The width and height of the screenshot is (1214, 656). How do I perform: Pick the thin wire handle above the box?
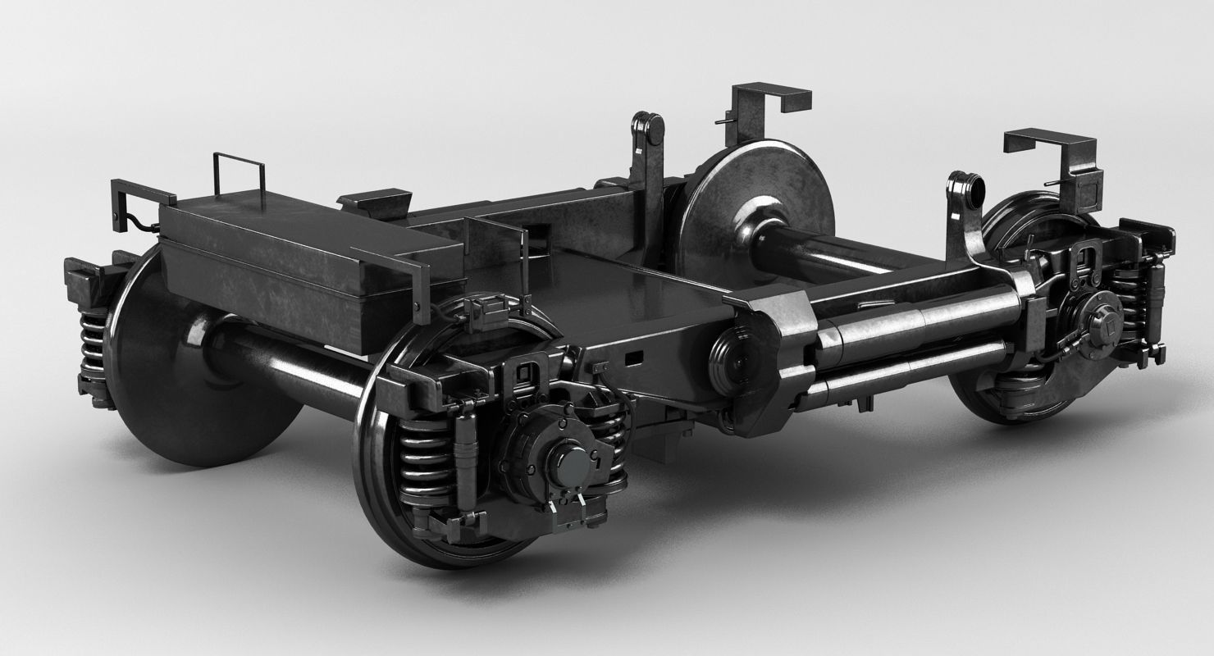239,172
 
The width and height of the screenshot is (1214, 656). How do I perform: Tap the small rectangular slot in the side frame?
634,358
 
